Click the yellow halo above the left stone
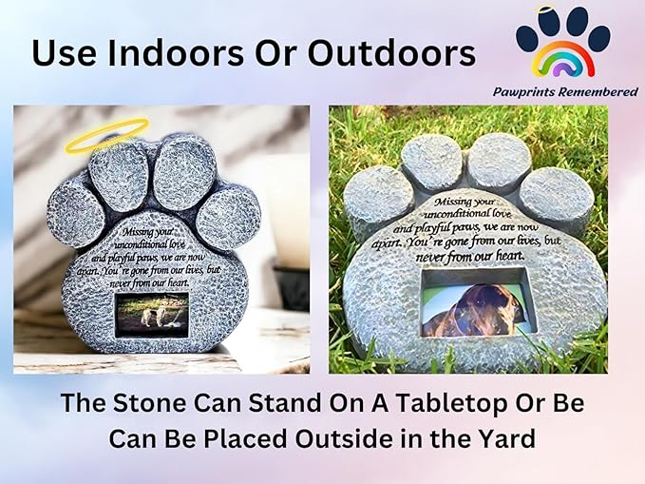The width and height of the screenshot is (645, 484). pos(106,135)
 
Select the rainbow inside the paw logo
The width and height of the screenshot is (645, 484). pos(562,60)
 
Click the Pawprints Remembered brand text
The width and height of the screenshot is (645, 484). pos(564,91)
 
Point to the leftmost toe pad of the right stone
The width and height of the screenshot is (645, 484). pos(378,195)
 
